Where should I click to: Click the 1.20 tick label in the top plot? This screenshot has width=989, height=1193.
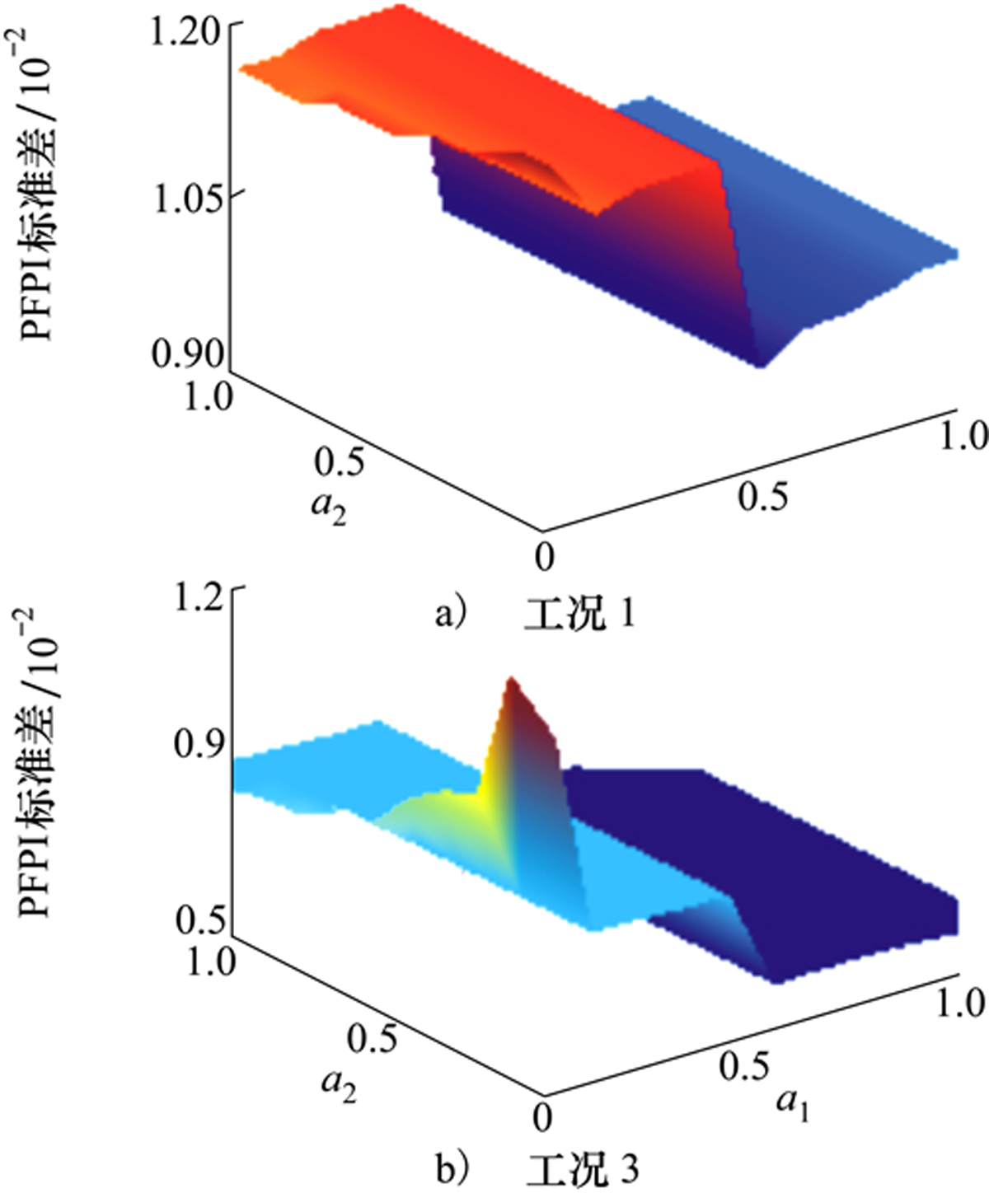point(186,32)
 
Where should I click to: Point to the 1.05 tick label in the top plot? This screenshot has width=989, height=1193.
point(186,199)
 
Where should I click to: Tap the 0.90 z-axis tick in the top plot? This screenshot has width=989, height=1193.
point(187,353)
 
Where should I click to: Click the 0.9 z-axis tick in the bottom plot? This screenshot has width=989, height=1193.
point(199,743)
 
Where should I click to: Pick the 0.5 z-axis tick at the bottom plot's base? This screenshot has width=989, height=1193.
point(199,919)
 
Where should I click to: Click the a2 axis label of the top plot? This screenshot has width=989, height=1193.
point(329,507)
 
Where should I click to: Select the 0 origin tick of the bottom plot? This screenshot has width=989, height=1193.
point(541,1117)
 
